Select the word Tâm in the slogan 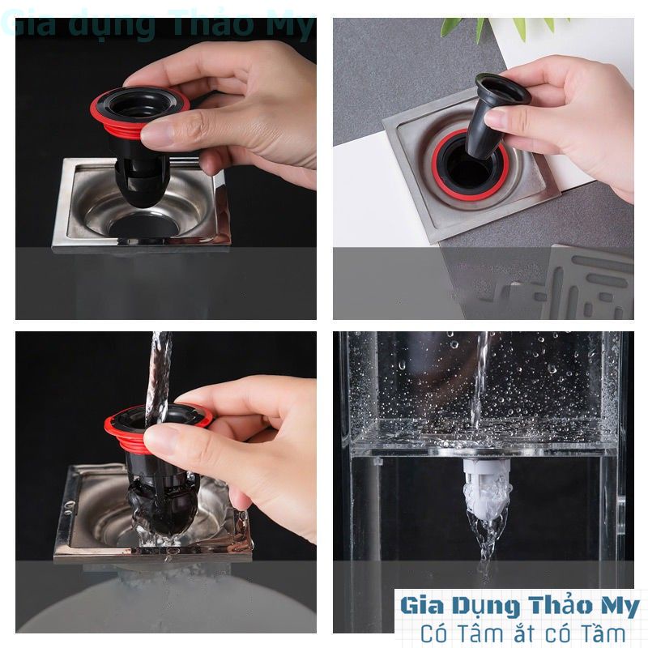[488, 633]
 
